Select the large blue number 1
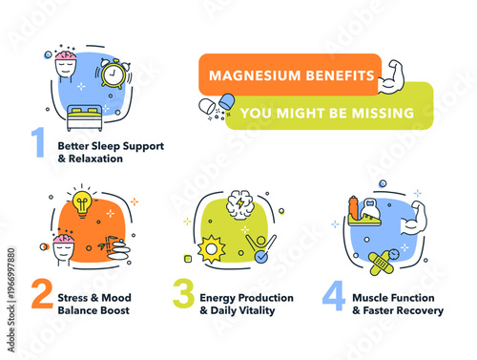[38, 143]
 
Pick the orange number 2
[40, 295]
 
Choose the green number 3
[181, 295]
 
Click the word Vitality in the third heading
[256, 310]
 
